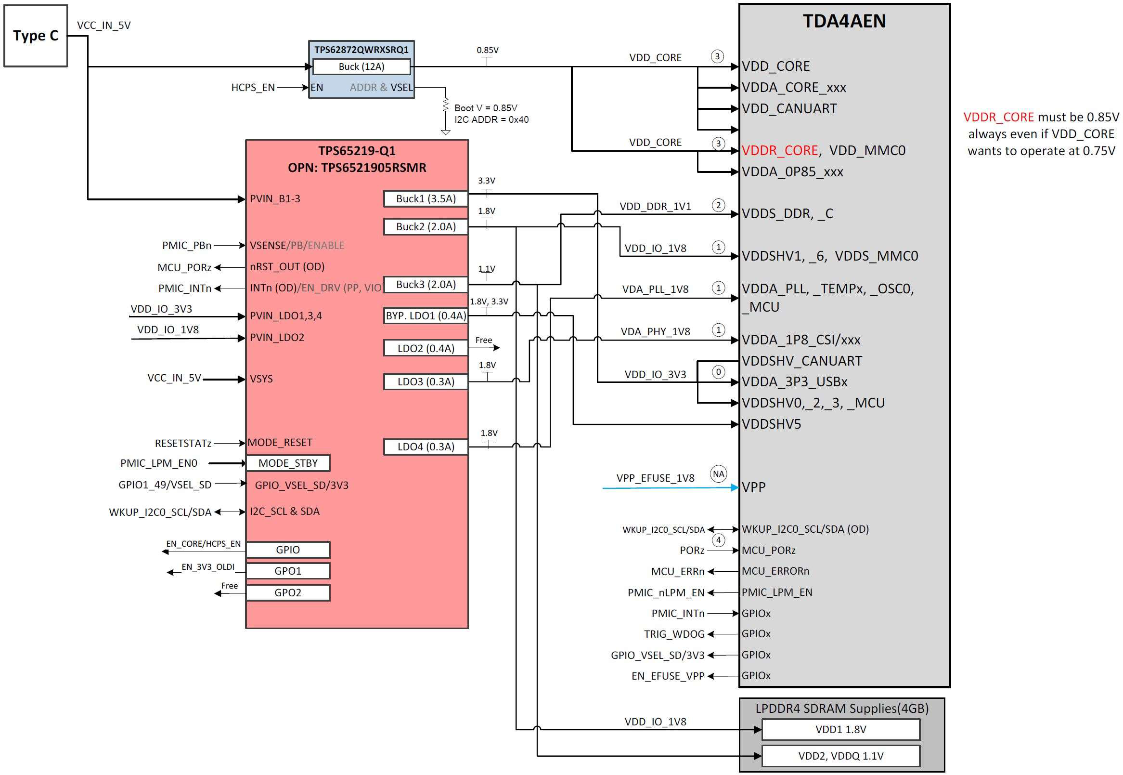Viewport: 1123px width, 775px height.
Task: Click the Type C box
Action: coord(36,36)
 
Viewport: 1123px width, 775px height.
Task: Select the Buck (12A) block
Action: coord(361,66)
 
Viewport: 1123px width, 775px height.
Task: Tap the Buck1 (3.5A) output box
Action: coord(426,198)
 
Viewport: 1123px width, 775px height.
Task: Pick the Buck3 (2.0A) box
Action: coord(426,285)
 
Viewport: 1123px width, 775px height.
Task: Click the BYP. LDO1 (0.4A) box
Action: coord(426,315)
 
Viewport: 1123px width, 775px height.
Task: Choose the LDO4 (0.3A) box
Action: coord(426,447)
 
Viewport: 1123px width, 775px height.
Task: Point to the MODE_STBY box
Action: coord(288,463)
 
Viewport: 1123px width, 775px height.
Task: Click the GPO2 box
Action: coord(288,593)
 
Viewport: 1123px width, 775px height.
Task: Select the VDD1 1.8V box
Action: coord(840,729)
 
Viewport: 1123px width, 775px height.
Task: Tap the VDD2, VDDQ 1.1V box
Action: coord(840,756)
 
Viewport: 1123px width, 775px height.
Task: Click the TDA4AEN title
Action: coord(844,21)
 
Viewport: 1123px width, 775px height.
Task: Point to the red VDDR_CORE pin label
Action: coord(779,151)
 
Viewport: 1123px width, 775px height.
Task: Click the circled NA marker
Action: coord(718,474)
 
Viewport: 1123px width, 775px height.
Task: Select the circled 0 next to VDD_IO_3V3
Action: coord(718,372)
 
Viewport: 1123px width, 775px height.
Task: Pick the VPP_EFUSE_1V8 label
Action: coord(655,478)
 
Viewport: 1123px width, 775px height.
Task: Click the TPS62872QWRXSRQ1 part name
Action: coord(361,50)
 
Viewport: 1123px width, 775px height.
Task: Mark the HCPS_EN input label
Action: coord(253,87)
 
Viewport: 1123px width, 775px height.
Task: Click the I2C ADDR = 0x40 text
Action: coord(491,119)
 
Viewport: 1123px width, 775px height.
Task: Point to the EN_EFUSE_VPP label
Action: coord(668,676)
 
